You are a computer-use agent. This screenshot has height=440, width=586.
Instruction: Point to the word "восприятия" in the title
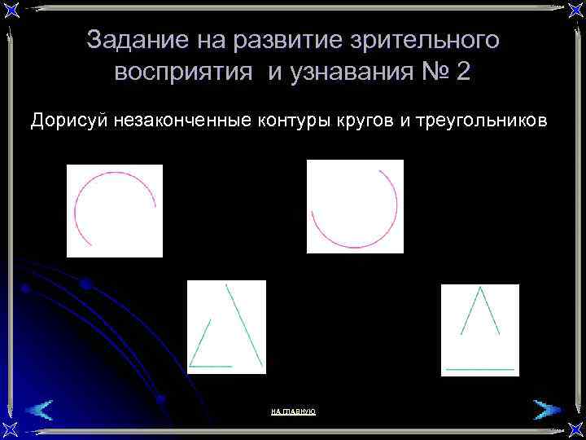[183, 72]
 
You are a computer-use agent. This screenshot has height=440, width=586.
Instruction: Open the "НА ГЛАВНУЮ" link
[293, 412]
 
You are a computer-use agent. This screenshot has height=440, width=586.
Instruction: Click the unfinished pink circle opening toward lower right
[114, 211]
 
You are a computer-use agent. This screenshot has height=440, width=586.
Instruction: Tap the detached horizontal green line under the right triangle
[480, 370]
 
